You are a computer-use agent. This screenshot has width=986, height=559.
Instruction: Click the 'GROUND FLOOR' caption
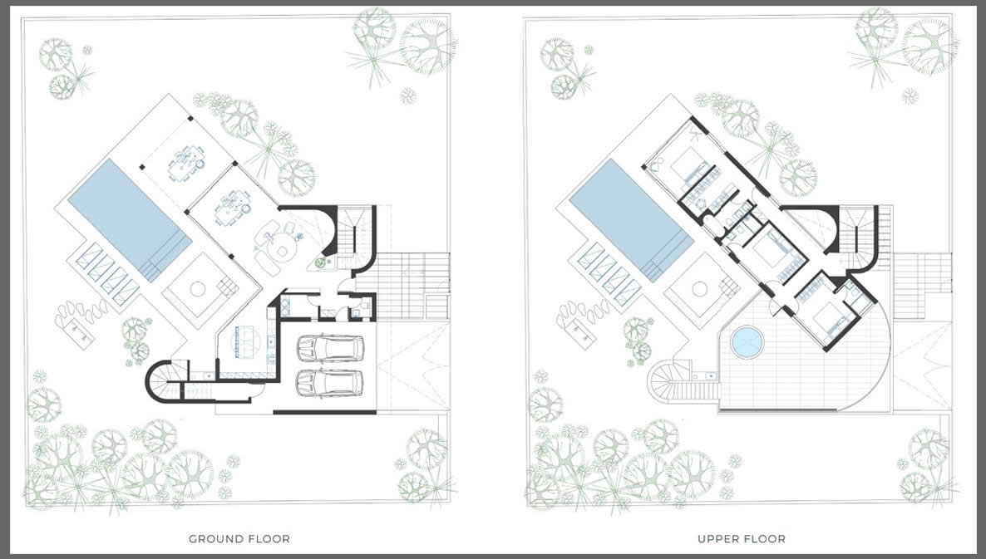pos(239,539)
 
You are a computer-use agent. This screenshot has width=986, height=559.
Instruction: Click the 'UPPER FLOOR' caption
pos(742,539)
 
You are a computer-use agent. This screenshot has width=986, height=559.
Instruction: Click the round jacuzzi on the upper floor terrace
pos(747,342)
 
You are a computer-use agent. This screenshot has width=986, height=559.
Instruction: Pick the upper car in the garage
pos(330,348)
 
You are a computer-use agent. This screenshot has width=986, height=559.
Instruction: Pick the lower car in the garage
pos(330,382)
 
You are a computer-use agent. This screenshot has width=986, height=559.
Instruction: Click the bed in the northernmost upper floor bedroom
pos(684,167)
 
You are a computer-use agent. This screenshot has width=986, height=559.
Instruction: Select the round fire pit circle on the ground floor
pos(198,290)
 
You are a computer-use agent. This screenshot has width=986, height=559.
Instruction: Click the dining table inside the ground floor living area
pos(229,208)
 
